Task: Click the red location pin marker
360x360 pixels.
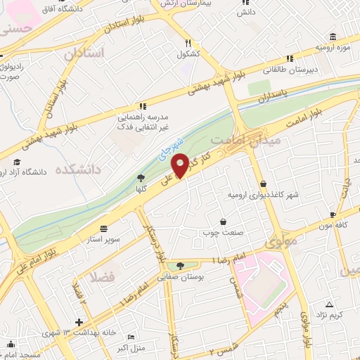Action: (x=180, y=165)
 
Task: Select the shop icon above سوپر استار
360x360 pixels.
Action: (x=104, y=229)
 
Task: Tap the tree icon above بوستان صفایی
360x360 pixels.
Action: (x=181, y=265)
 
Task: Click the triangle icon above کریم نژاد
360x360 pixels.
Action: (x=329, y=304)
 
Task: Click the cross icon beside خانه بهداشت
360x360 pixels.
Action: (x=78, y=322)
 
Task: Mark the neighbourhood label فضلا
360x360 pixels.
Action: (x=107, y=276)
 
